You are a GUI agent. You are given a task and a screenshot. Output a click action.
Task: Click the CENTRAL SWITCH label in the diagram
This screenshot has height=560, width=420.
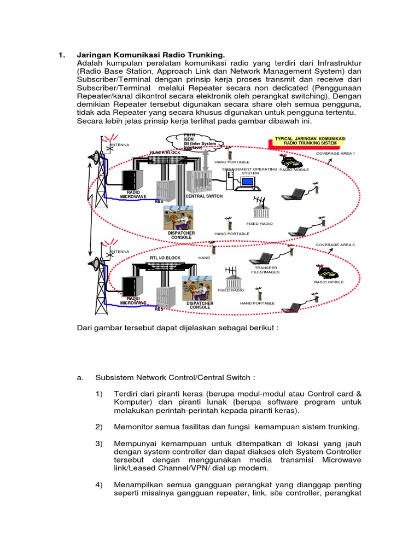(204, 196)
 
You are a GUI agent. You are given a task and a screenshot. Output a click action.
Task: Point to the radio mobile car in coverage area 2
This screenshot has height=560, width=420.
(327, 272)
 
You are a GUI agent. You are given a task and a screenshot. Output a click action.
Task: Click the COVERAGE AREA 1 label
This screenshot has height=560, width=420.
(335, 154)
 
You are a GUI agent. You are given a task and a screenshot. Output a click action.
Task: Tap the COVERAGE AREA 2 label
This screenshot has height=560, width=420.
(335, 244)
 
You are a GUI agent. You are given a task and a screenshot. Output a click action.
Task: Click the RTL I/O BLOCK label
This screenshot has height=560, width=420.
(165, 258)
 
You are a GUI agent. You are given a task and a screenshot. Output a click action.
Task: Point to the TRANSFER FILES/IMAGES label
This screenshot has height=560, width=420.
(264, 270)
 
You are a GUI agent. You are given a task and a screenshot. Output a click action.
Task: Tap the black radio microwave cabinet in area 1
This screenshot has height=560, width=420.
(132, 178)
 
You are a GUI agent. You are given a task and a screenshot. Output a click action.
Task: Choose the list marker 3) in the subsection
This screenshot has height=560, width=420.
(100, 443)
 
